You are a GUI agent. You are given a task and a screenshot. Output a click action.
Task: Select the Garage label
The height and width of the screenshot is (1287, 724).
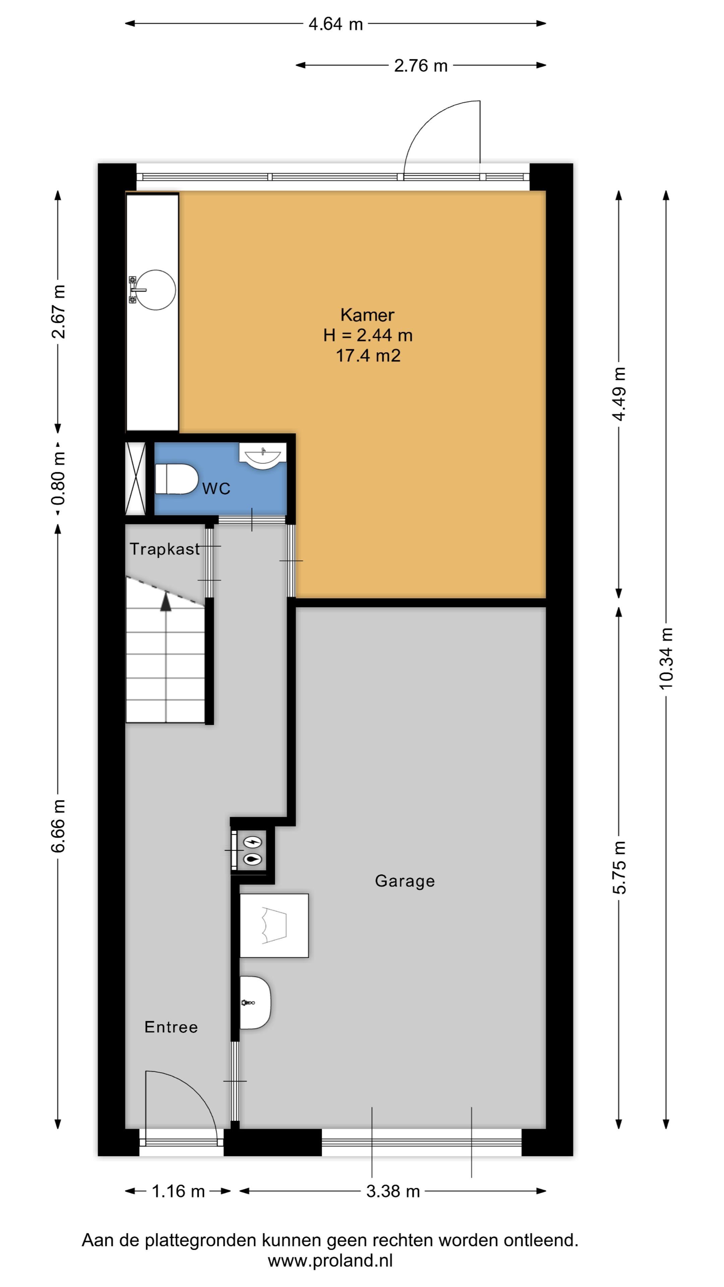click(405, 881)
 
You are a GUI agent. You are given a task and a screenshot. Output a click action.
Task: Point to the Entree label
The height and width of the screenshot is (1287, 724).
click(171, 1027)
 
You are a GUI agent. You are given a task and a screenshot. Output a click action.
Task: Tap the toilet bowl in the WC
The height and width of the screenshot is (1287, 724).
click(176, 479)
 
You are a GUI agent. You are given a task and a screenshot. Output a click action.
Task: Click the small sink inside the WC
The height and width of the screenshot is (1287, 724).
click(262, 456)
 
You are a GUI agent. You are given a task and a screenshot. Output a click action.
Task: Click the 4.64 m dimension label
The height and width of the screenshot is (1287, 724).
click(336, 24)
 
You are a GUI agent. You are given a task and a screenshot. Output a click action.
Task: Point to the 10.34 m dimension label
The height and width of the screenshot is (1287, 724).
click(666, 659)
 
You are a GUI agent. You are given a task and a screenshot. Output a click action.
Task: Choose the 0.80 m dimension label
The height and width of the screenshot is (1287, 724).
click(58, 478)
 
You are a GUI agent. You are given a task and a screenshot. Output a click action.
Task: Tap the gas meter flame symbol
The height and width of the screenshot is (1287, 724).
click(252, 860)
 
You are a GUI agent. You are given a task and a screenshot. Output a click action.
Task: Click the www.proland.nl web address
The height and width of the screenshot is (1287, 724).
click(330, 1261)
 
